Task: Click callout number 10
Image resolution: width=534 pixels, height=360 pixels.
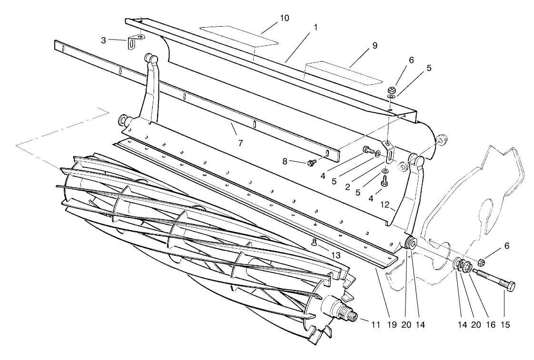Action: [284, 18]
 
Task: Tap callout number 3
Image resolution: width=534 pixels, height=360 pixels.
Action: [104, 40]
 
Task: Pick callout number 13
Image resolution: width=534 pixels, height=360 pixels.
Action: [336, 256]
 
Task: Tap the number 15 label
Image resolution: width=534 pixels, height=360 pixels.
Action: [504, 325]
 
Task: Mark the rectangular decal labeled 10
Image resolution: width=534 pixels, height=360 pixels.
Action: [238, 36]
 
